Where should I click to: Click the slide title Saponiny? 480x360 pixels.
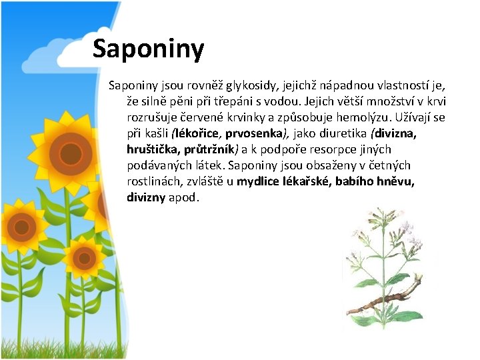point(148,49)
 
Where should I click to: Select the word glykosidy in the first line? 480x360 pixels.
point(249,86)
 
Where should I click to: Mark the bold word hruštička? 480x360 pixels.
point(151,149)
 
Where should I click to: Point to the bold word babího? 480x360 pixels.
point(355,181)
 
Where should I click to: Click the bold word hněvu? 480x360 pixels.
point(396,181)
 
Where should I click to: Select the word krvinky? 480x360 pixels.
point(266,117)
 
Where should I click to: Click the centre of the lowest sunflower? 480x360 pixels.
point(83,257)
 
